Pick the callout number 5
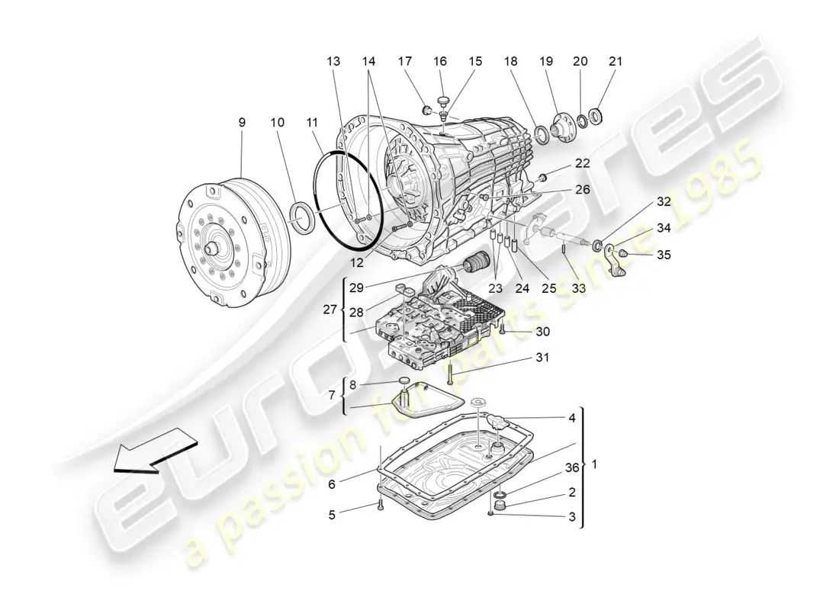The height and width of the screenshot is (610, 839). coord(332,515)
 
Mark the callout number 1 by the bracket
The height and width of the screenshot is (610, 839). coord(595,464)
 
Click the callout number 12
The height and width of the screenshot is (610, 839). coord(355,262)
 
